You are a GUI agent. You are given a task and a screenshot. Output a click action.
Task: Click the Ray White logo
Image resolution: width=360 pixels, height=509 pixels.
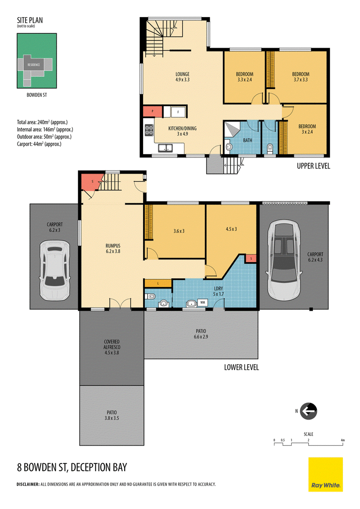(325, 474)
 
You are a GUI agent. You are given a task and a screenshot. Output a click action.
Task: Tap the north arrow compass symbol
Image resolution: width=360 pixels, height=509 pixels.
(308, 411)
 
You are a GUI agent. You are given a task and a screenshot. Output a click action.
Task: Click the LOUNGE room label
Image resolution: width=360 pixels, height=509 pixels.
(182, 76)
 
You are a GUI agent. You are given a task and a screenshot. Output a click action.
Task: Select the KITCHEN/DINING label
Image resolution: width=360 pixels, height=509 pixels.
(182, 131)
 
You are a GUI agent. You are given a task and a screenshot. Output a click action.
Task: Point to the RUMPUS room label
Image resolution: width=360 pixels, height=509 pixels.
(113, 248)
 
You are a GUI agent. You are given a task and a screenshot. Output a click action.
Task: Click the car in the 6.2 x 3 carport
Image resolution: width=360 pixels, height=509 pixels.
(54, 270)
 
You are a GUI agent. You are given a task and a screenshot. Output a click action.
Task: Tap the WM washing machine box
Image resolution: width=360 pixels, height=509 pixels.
(203, 303)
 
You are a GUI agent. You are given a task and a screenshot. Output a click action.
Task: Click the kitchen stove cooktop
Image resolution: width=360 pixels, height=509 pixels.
(149, 130)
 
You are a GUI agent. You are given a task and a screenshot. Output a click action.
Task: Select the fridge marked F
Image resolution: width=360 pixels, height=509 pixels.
(178, 112)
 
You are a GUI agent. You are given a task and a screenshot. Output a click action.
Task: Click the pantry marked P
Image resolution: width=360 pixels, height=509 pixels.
(153, 112)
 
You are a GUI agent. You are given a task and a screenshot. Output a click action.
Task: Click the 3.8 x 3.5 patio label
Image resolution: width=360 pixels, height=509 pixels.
(112, 415)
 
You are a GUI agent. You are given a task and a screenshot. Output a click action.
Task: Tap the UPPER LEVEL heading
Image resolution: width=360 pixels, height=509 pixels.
(314, 166)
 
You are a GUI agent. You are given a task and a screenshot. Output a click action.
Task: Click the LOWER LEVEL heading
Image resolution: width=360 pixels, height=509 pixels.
(241, 367)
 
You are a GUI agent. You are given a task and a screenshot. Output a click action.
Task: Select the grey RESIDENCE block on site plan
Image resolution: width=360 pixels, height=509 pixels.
(34, 65)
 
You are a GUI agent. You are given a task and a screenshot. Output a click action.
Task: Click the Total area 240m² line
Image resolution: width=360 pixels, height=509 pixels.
(42, 122)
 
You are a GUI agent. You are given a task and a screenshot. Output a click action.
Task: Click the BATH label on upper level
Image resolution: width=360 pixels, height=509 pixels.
(247, 140)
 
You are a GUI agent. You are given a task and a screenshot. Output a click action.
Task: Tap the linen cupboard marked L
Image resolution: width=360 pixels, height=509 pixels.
(158, 283)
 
